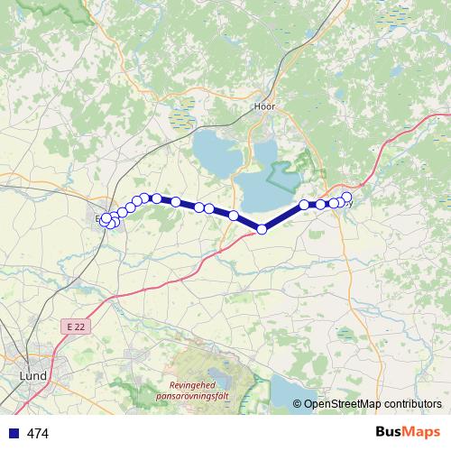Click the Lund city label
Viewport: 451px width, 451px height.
32,375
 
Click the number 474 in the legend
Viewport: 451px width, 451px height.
38,434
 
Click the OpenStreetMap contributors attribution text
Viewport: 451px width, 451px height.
373,403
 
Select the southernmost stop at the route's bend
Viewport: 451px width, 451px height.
262,229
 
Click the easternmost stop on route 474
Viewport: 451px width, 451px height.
346,197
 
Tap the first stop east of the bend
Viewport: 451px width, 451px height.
305,205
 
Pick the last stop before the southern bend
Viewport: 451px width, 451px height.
234,216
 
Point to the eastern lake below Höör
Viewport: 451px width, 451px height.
271,185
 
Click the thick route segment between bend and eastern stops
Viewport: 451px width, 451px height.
283,216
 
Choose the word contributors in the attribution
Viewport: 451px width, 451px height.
412,403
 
